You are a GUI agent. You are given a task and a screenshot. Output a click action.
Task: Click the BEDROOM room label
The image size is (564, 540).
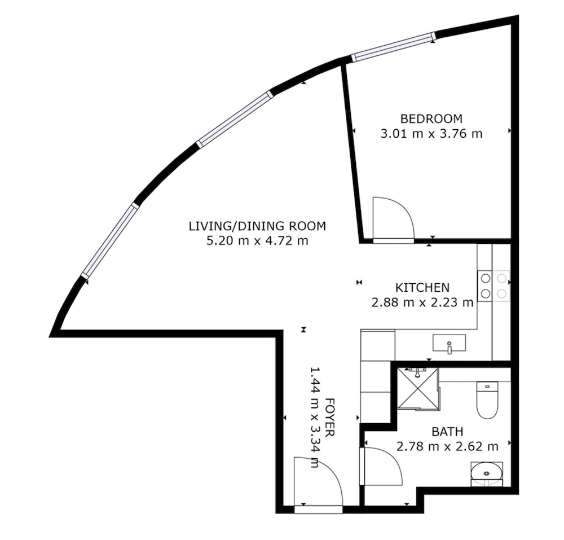click(x=431, y=118)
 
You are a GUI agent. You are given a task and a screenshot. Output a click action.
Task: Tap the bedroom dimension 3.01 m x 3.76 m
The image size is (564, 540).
click(x=431, y=134)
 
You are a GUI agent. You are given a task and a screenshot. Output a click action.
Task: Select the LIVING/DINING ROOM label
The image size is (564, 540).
click(x=258, y=226)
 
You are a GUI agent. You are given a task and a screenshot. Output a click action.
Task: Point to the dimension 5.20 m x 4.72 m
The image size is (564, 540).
click(x=258, y=241)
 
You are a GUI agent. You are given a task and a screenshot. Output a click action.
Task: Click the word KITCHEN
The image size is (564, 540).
click(x=422, y=288)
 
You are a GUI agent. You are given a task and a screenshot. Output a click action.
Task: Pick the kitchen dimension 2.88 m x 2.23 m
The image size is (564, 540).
click(x=422, y=302)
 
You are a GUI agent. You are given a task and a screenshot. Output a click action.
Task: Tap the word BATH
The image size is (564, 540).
click(x=447, y=431)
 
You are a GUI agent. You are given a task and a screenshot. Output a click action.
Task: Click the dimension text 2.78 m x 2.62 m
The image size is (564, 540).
click(x=447, y=447)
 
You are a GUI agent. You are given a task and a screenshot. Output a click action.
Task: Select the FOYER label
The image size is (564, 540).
click(x=330, y=417)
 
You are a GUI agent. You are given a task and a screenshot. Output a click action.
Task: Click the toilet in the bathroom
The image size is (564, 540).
click(x=487, y=400)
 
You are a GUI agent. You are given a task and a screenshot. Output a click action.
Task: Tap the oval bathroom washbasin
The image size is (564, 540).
click(x=487, y=474)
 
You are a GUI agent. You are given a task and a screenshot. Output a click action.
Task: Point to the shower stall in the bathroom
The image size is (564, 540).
click(x=418, y=388)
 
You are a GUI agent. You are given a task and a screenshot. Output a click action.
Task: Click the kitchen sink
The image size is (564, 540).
click(x=450, y=343)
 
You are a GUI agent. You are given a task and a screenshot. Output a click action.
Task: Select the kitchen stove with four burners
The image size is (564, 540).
click(x=494, y=286)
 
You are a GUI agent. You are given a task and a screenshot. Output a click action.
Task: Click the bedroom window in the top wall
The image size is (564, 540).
click(x=394, y=47)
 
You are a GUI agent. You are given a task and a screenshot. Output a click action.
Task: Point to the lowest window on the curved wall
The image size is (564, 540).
click(x=110, y=240)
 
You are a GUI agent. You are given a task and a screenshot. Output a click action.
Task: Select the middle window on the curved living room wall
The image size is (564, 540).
click(x=235, y=119)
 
